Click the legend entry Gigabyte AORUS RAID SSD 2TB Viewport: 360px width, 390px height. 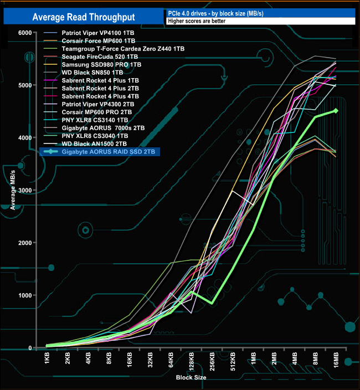tap(110, 151)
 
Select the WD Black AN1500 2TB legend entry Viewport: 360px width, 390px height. tap(94, 143)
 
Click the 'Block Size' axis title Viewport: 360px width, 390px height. tap(191, 377)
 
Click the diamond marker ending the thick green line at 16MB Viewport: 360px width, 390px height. tap(335, 111)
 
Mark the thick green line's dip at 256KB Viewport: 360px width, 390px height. tap(212, 303)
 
